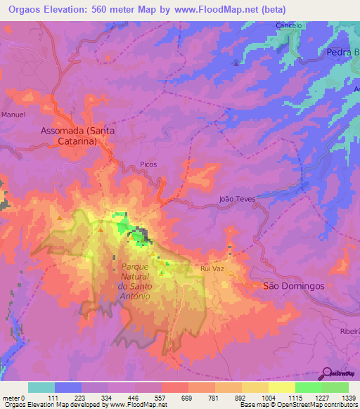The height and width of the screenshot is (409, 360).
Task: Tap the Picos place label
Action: [x=148, y=164]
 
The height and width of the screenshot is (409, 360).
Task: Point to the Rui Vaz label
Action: [x=212, y=268]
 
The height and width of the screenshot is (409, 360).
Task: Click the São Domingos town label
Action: [x=292, y=286]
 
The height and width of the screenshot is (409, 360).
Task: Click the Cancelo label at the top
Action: [x=289, y=25]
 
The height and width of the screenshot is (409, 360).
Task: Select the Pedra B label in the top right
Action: [x=342, y=53]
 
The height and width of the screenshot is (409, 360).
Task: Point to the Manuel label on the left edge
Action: [x=13, y=114]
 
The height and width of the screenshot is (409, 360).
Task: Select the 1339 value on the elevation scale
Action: [x=345, y=397]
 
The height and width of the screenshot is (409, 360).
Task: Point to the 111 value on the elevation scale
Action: [x=55, y=397]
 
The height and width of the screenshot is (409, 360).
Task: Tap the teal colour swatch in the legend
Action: [x=41, y=387]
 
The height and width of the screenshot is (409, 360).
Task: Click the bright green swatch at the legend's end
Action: [x=335, y=387]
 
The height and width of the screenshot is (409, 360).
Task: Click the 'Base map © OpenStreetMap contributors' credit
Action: [x=297, y=405]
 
